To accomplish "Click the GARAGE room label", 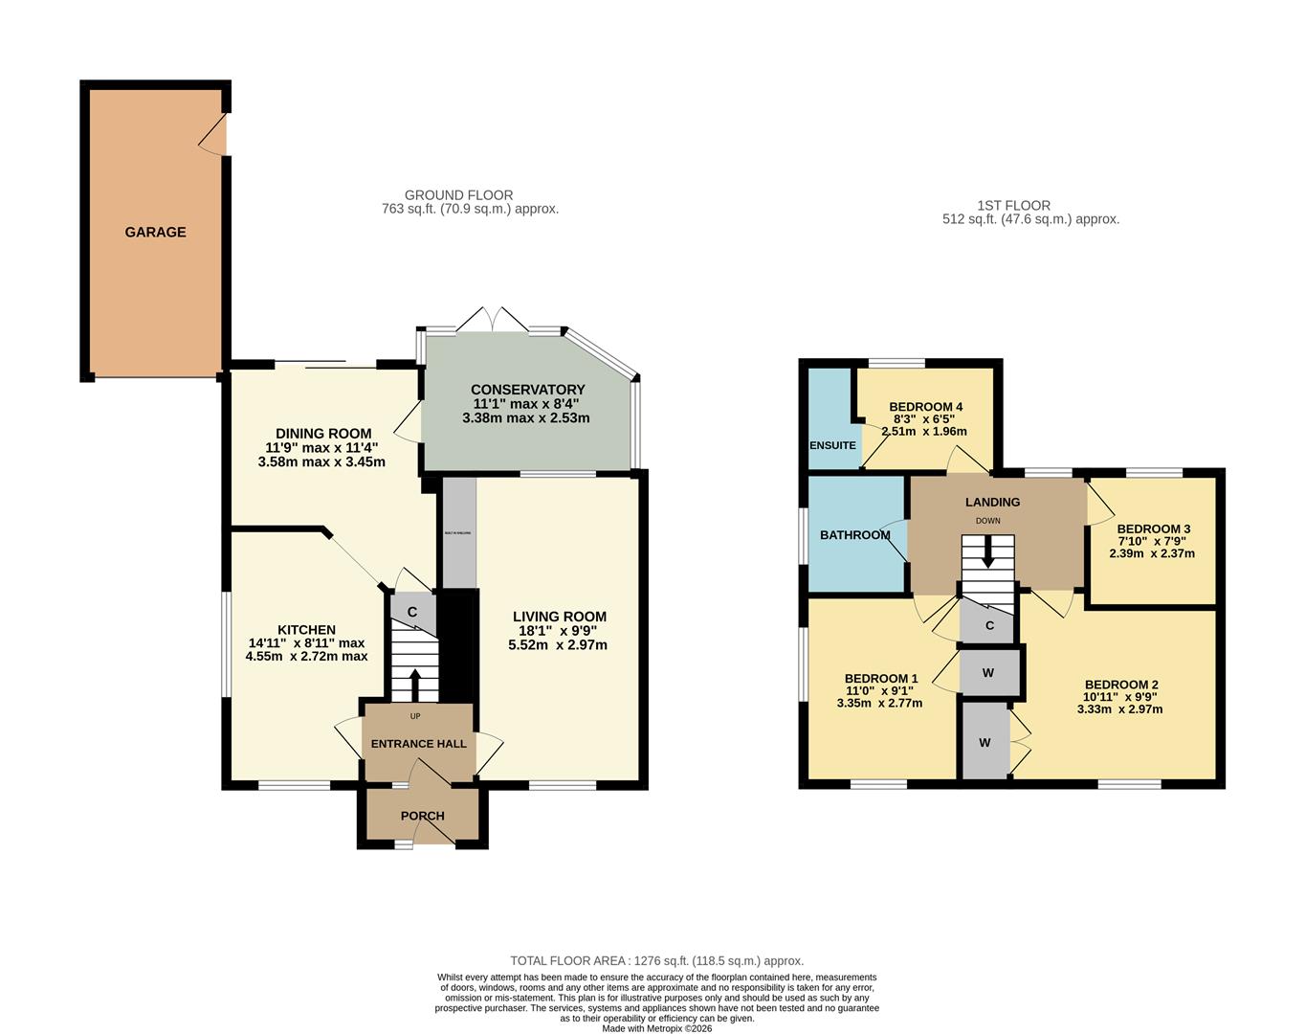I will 155,232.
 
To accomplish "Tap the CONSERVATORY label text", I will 527,390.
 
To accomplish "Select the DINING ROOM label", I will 323,434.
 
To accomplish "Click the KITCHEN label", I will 306,630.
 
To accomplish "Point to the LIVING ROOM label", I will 559,617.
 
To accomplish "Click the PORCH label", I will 422,817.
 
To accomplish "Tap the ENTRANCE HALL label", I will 418,744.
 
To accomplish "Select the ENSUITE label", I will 832,445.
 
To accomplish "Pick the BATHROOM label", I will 854,535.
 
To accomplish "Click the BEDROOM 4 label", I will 925,407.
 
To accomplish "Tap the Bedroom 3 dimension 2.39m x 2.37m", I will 1152,553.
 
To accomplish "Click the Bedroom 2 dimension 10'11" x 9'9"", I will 1121,697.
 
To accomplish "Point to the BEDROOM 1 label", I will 880,679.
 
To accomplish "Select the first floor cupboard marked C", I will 989,626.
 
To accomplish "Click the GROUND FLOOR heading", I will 458,195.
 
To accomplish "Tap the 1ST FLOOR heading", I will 1013,206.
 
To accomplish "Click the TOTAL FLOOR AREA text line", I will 656,960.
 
